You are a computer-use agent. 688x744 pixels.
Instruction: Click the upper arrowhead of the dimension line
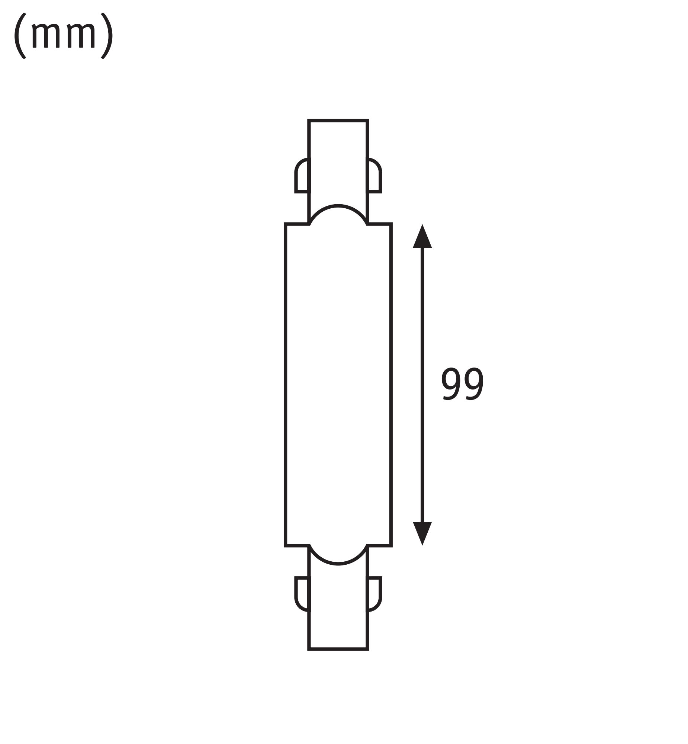click(x=422, y=237)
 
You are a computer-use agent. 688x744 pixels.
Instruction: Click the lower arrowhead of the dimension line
click(x=422, y=532)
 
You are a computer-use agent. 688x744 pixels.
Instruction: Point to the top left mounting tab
click(x=302, y=176)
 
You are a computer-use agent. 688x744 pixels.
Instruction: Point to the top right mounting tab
click(x=374, y=176)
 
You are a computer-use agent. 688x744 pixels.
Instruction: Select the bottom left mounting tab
click(x=302, y=594)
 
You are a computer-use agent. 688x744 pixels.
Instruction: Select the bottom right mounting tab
click(x=374, y=594)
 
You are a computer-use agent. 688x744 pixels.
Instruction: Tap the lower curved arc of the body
click(x=338, y=564)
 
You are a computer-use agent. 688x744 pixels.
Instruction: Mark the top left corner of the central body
click(x=286, y=224)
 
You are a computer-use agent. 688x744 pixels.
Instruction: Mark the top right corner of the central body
click(x=391, y=224)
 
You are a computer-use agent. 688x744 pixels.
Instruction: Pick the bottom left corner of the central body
click(x=286, y=546)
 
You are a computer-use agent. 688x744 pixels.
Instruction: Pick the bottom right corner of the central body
click(x=391, y=546)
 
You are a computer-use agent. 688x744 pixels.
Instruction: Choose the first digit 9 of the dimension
click(x=451, y=384)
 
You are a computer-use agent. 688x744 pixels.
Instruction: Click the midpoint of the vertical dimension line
click(x=422, y=385)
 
